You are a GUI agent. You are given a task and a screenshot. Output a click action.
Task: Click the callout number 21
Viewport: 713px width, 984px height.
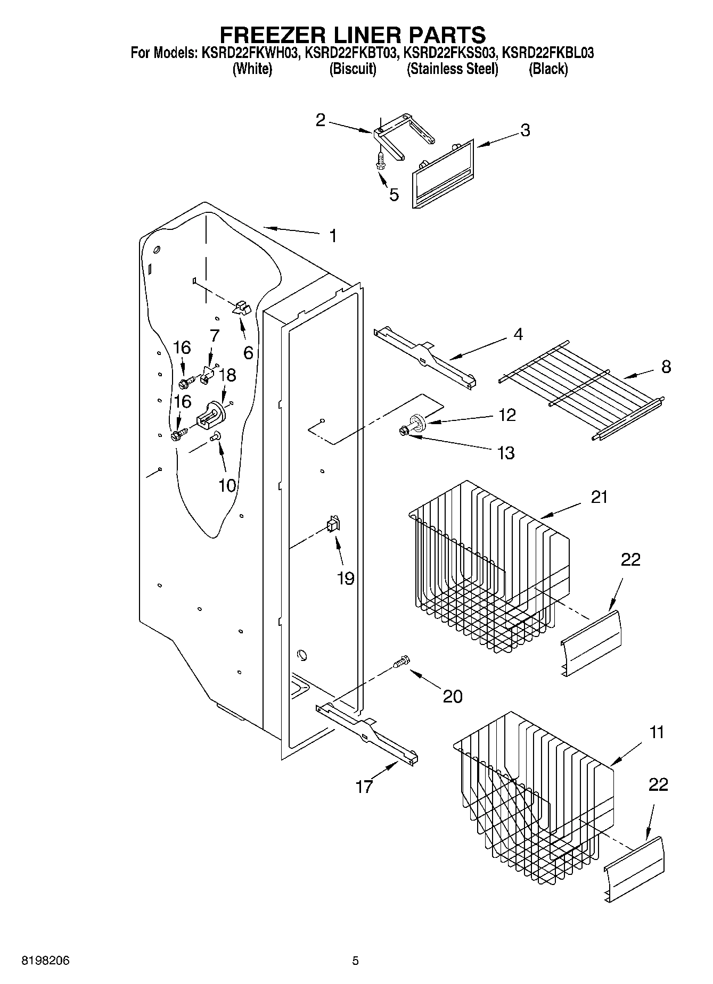[x=599, y=497]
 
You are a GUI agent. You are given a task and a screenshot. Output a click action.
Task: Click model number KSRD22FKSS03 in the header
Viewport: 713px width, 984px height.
[x=451, y=53]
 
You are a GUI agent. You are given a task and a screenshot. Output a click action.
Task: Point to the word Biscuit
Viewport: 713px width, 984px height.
[x=353, y=69]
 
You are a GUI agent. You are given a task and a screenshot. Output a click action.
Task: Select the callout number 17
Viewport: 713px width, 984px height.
[x=364, y=787]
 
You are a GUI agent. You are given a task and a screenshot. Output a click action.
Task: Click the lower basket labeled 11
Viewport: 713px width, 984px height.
[x=532, y=793]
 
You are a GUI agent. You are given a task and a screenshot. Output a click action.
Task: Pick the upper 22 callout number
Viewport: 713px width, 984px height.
[x=630, y=560]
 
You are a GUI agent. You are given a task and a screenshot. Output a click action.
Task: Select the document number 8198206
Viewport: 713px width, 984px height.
[x=45, y=961]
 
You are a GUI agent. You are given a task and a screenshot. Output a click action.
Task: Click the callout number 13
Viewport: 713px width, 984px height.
[x=505, y=453]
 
